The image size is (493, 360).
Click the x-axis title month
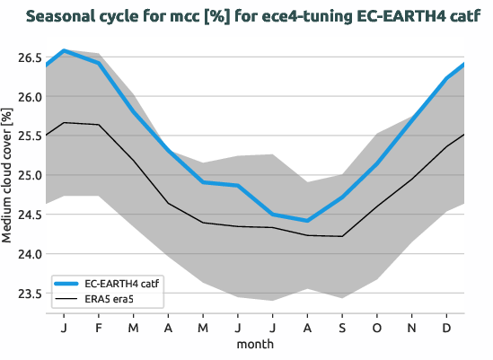[255, 343]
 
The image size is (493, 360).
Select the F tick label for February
[99, 327]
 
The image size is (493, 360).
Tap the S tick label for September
[341, 327]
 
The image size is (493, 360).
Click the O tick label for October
[376, 327]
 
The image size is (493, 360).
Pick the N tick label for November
[411, 327]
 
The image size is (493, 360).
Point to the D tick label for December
[446, 327]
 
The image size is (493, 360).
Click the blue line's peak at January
[64, 50]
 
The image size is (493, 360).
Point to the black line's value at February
[99, 125]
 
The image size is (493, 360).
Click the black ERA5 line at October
[376, 206]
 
